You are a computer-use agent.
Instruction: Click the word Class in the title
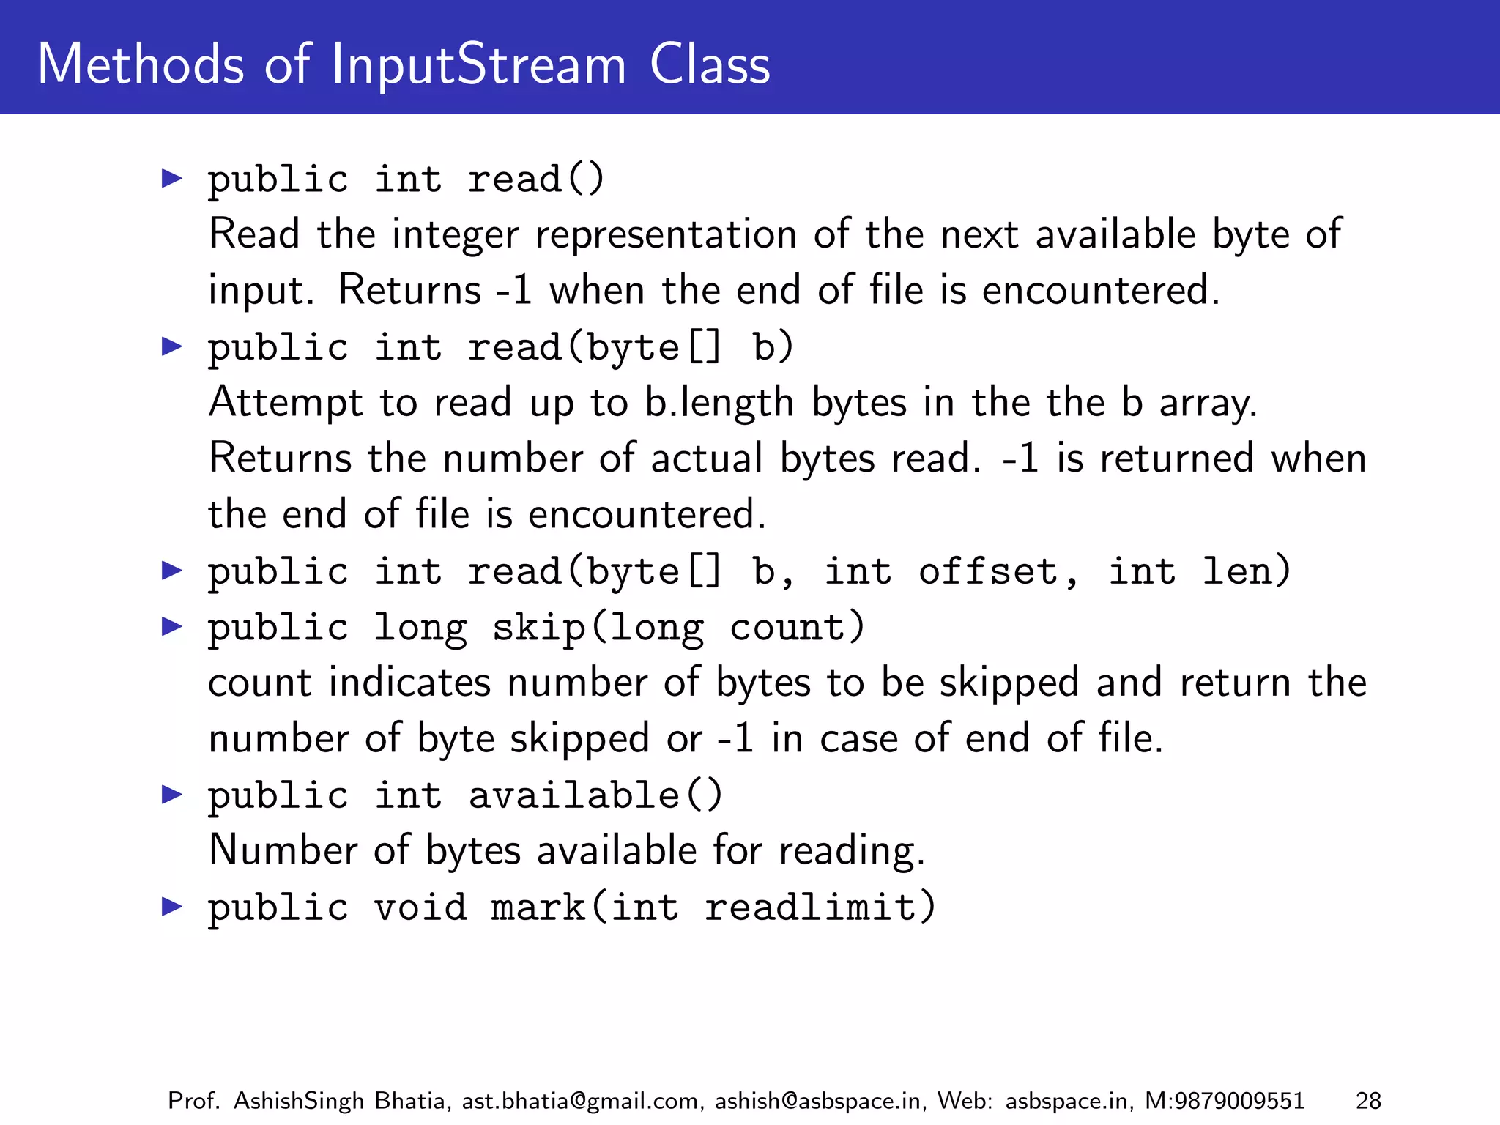tap(710, 64)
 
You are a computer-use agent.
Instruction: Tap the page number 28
tap(1368, 1101)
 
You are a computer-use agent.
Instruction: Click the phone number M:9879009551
tap(1225, 1101)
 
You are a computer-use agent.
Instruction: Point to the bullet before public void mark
tap(171, 907)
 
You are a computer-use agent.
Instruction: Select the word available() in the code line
tap(595, 795)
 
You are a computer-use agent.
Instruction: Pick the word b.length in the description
tap(719, 403)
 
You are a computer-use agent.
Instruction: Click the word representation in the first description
tap(666, 234)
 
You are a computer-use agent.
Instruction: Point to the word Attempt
tap(286, 403)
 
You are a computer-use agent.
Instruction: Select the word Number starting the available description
tap(283, 851)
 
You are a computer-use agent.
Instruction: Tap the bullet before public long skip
tap(171, 626)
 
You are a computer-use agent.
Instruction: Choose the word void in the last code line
tap(420, 907)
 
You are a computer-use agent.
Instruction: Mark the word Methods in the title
tap(140, 64)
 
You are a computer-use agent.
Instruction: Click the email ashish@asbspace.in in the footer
tap(817, 1101)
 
